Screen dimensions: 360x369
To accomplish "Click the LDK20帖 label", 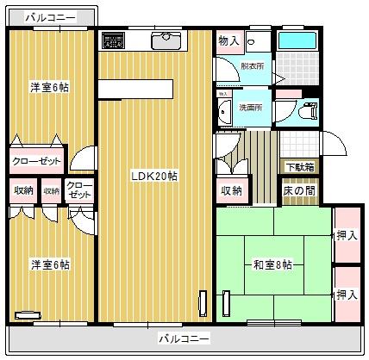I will point(154,176).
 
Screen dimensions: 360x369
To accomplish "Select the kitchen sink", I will point(165,40).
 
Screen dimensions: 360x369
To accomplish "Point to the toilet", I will point(308,109).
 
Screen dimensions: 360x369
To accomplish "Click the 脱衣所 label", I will point(253,65).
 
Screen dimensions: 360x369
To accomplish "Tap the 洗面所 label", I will point(251,108).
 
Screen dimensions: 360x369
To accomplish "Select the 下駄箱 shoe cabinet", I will point(299,166).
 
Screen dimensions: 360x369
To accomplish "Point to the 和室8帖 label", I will point(273,264).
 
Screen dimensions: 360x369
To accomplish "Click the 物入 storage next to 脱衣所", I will point(228,40).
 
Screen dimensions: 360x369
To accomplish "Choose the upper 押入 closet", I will point(347,234).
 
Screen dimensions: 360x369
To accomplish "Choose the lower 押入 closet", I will point(347,294).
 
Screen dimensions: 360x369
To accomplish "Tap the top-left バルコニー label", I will point(49,16).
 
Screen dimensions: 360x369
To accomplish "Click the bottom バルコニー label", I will point(183,338).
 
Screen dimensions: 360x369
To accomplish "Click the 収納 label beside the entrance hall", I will point(230,190).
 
